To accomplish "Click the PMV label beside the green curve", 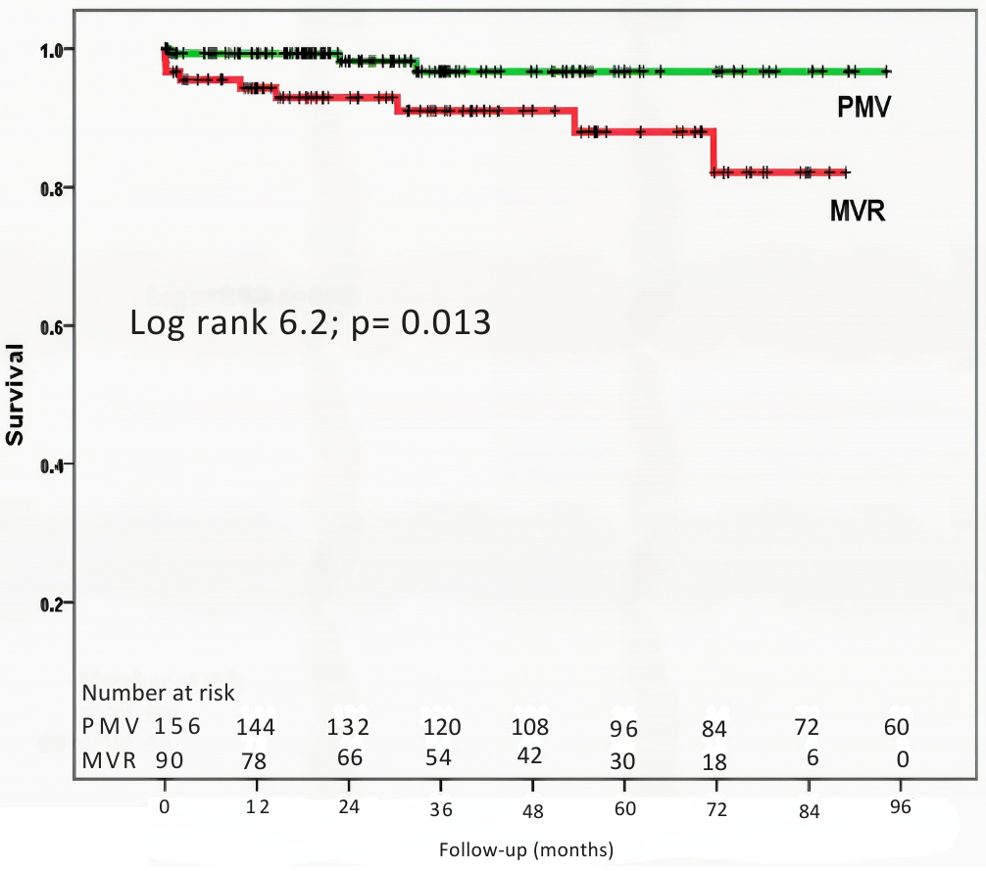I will (863, 107).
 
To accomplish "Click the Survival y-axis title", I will (15, 394).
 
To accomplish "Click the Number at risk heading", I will (158, 694).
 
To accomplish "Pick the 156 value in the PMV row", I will (177, 728).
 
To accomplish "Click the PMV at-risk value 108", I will (530, 728).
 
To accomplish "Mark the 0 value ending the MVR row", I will (902, 759).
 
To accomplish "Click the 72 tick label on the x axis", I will (717, 809).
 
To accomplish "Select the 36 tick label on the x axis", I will (441, 809).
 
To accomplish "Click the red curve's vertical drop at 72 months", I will (714, 151).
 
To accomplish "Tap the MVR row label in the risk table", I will (108, 759).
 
